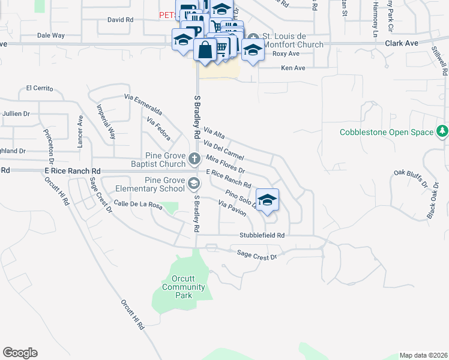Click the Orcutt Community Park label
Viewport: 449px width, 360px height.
tap(184, 287)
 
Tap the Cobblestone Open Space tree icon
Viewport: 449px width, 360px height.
tap(442, 131)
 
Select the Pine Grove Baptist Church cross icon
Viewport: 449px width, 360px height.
tap(194, 159)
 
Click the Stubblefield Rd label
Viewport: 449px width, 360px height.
tap(261, 236)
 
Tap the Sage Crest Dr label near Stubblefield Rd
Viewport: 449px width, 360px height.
tap(256, 256)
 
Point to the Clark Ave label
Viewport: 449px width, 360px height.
tap(402, 44)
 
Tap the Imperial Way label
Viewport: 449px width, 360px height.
tap(106, 122)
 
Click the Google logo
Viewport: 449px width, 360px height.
tap(20, 353)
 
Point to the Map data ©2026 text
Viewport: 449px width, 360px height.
tap(423, 355)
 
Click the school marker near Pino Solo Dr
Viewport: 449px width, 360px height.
tap(267, 200)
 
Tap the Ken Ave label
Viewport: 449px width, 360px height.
tap(294, 68)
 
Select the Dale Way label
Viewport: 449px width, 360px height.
tap(50, 35)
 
